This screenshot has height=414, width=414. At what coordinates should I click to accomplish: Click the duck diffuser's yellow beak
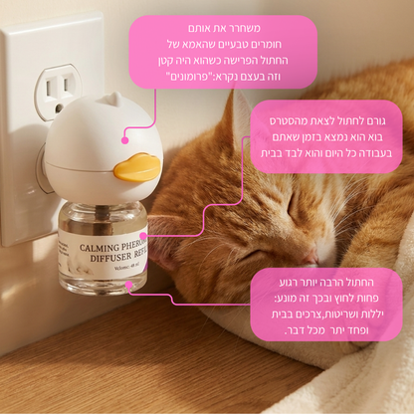pos(136,167)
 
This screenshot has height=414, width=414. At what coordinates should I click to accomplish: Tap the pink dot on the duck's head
pos(125,140)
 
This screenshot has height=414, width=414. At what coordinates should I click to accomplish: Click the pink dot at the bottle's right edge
pos(143,236)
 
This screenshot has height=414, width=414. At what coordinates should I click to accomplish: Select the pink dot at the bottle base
pos(128,285)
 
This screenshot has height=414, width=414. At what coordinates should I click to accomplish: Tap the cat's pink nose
pos(310,258)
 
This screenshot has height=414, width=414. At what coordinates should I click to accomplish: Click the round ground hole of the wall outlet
pos(59,107)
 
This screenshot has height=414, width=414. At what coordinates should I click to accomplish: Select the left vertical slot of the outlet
pos(49,88)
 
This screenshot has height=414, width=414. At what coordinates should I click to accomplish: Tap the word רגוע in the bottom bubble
pos(289,283)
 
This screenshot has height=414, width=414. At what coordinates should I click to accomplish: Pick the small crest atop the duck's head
pos(110,99)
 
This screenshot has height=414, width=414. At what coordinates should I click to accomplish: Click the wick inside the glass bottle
pos(102,221)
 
